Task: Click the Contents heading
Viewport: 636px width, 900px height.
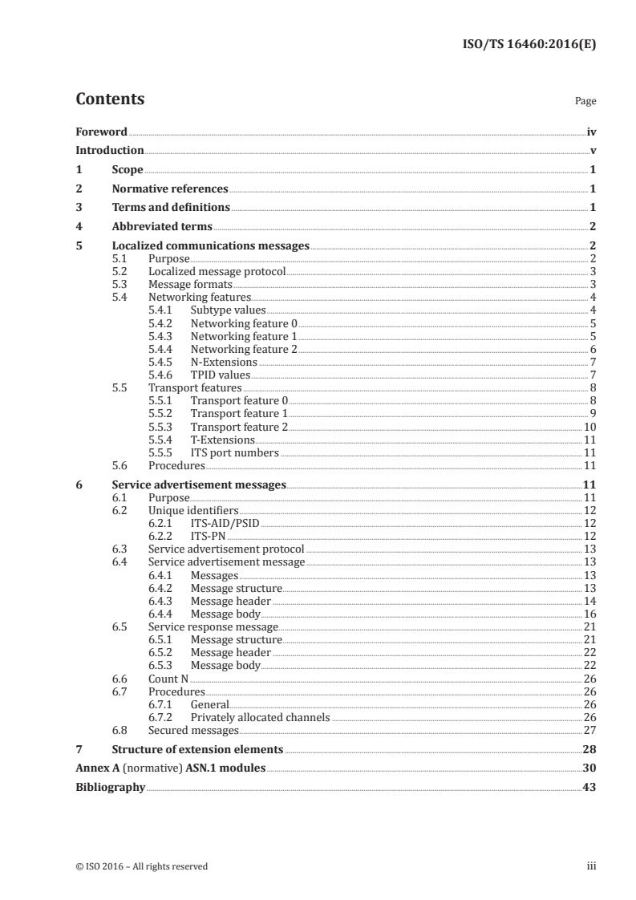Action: coord(110,99)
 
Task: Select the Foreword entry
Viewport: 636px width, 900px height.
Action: coord(101,132)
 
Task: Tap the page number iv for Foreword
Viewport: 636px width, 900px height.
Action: coord(591,132)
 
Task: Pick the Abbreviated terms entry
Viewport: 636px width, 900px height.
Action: coord(162,227)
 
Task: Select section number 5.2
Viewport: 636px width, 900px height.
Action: coord(120,271)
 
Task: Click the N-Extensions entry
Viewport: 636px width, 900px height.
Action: coord(224,362)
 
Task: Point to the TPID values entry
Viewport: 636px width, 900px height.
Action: coord(221,375)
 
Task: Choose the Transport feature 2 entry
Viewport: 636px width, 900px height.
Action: coord(239,427)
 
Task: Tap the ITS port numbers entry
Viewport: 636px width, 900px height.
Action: coord(235,452)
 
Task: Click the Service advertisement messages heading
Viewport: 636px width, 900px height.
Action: coord(199,484)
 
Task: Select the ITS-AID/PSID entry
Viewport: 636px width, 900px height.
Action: coord(225,524)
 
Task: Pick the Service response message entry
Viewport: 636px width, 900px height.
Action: coord(213,626)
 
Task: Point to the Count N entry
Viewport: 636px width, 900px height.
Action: coord(168,679)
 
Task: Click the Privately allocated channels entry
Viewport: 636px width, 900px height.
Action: coord(260,717)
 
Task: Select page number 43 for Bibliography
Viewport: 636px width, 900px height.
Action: coord(589,788)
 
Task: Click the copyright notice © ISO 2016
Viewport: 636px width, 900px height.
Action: coord(141,866)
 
